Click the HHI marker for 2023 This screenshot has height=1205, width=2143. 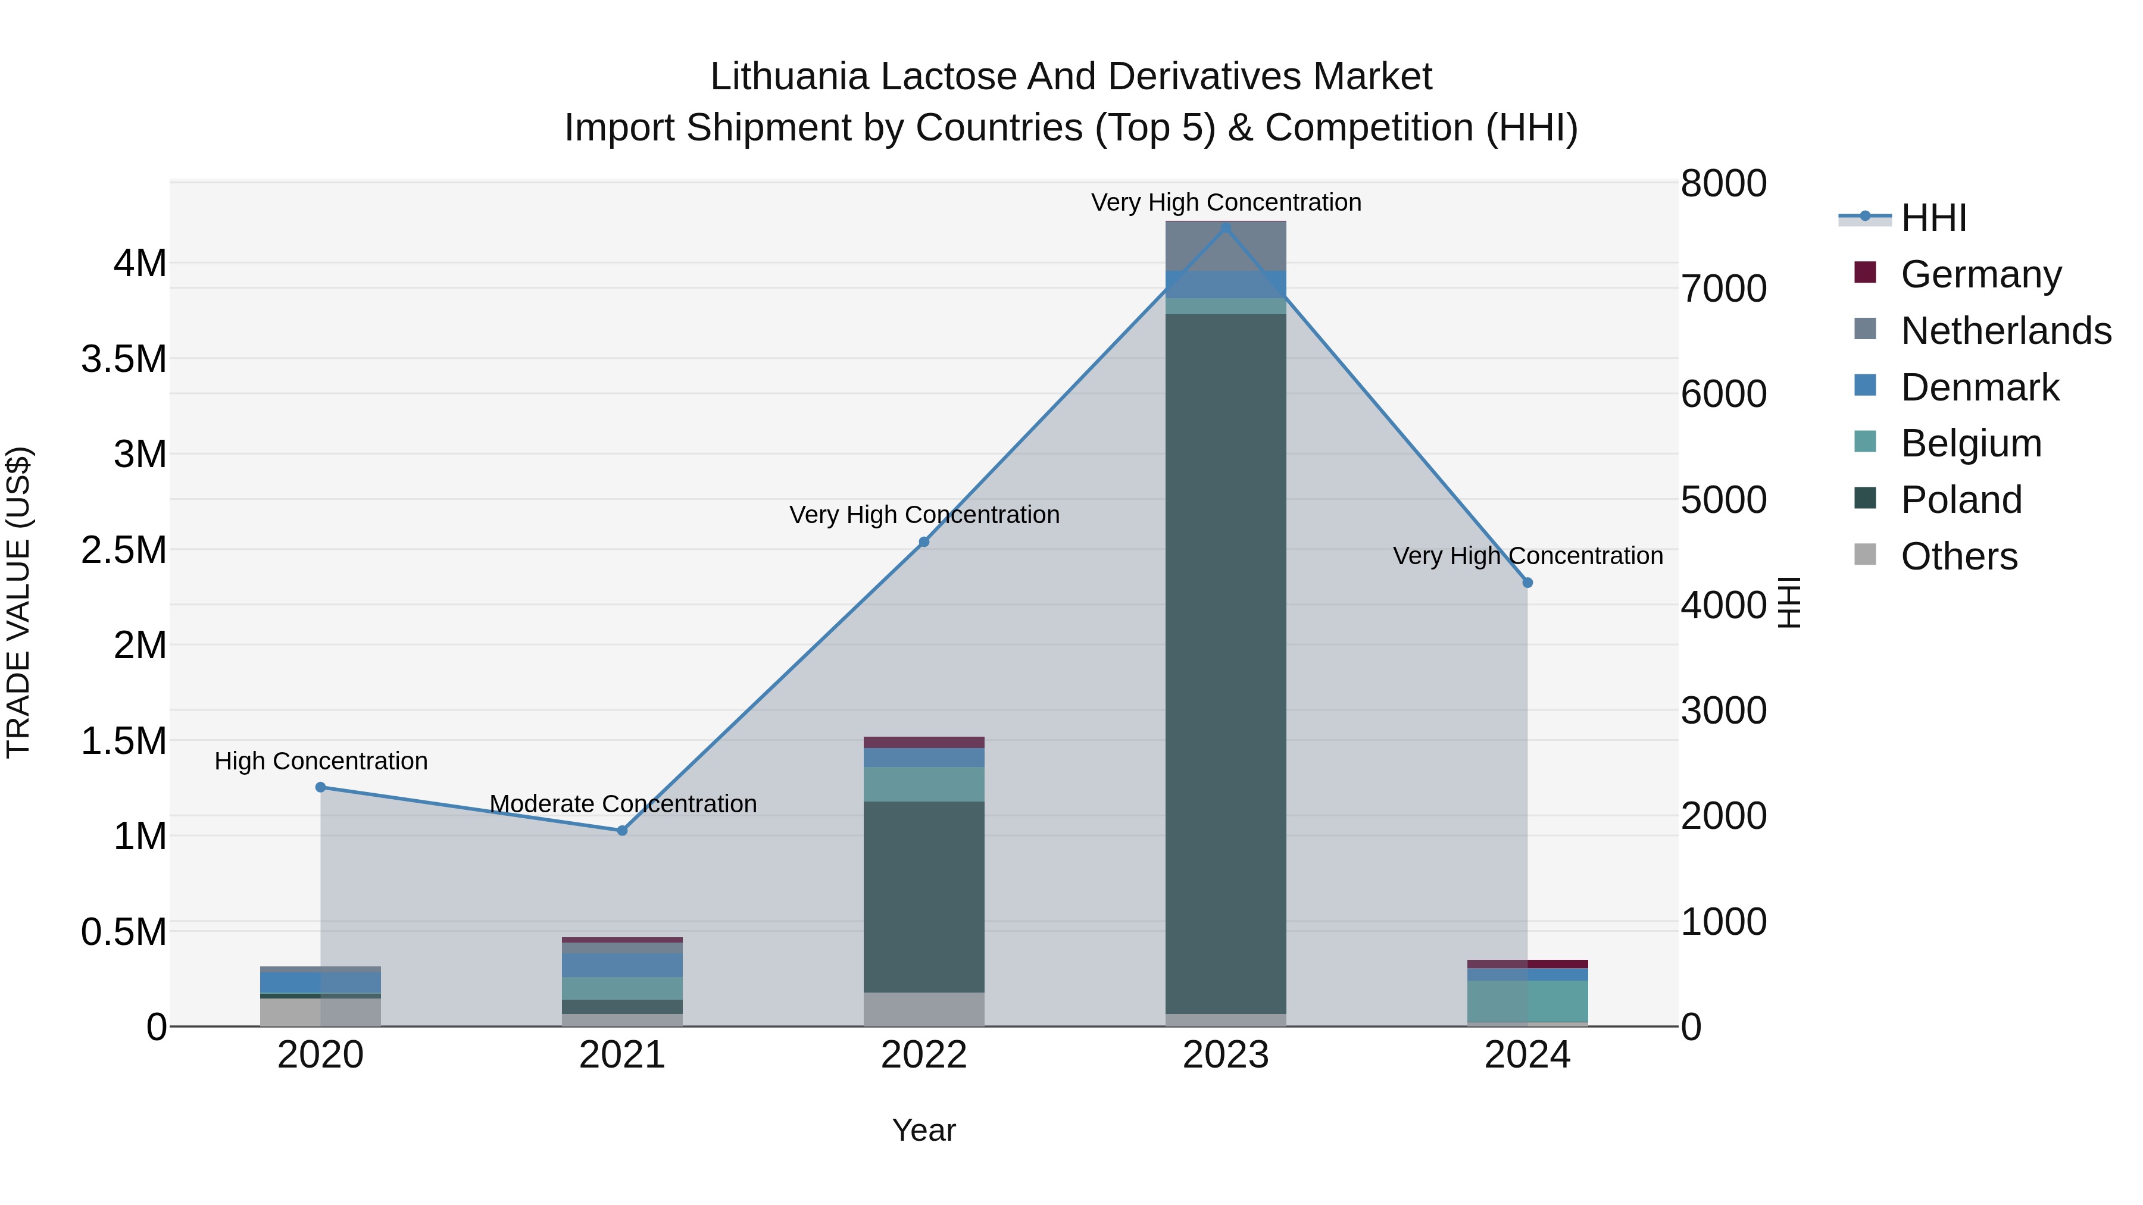pyautogui.click(x=1226, y=228)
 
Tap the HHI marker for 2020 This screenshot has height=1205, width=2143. pyautogui.click(x=320, y=787)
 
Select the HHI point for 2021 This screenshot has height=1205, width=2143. pyautogui.click(x=622, y=830)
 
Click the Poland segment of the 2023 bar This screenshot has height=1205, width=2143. pyautogui.click(x=1226, y=665)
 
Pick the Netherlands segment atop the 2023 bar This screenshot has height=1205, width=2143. pyautogui.click(x=1226, y=246)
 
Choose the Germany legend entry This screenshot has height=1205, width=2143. pyautogui.click(x=1980, y=274)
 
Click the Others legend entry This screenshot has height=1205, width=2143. pyautogui.click(x=1958, y=556)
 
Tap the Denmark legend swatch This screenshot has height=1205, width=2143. pyautogui.click(x=1865, y=386)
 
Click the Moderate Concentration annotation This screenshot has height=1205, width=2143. pyautogui.click(x=623, y=803)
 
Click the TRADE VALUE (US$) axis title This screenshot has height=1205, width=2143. pyautogui.click(x=18, y=602)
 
